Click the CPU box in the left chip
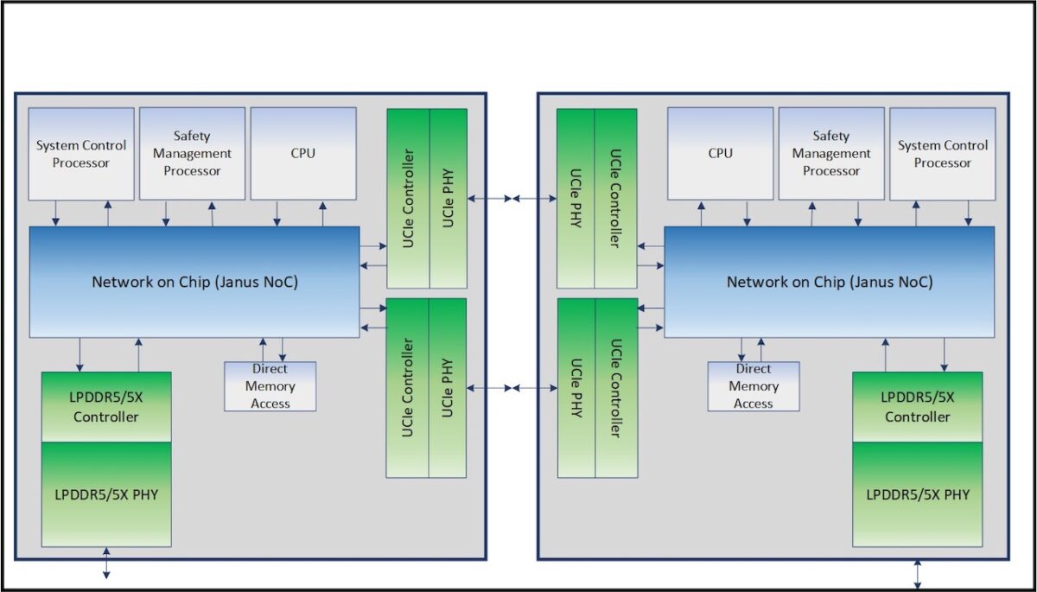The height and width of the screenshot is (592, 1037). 303,154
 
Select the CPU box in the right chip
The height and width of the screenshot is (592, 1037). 720,154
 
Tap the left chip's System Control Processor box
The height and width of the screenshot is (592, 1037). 81,154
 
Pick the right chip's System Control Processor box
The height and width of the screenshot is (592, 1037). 942,154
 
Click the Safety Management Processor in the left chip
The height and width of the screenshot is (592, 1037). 192,154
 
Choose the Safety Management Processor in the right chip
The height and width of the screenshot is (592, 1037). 831,154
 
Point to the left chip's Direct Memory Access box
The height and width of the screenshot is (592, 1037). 270,386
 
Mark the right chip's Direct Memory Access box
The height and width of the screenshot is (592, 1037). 754,386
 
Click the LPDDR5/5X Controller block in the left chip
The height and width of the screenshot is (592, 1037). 105,407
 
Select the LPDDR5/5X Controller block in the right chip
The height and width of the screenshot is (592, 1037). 917,407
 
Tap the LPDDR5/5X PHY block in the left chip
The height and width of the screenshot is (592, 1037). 105,494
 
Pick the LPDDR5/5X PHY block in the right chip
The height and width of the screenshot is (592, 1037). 917,494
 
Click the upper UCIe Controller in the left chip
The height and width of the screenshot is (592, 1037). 408,199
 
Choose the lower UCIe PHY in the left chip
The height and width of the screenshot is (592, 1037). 449,387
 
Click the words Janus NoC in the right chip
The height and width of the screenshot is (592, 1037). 892,282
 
